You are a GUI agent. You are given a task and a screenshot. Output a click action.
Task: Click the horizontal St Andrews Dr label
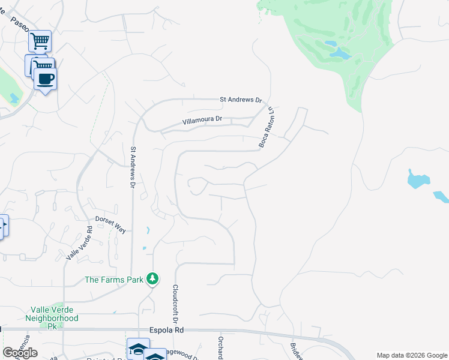(241, 100)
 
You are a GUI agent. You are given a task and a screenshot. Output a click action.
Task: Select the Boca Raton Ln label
(266, 127)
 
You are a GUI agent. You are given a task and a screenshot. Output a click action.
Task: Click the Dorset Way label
(110, 224)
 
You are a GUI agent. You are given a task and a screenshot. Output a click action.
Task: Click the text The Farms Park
(114, 280)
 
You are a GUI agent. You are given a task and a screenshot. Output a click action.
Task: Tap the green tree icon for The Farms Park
(153, 278)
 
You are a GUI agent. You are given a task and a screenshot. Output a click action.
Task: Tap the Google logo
(20, 353)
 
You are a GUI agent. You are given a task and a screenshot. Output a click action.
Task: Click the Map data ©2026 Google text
(411, 355)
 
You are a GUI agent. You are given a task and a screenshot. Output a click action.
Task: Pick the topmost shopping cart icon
(40, 41)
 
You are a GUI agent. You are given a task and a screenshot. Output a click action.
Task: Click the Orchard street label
(220, 346)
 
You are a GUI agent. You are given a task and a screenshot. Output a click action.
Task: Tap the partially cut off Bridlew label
(296, 351)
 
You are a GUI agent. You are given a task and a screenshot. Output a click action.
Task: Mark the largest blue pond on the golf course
(340, 54)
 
